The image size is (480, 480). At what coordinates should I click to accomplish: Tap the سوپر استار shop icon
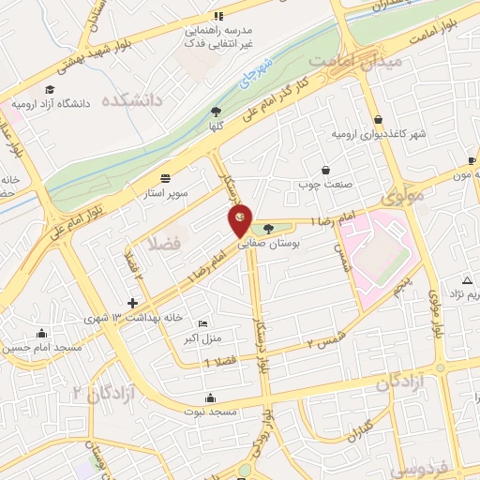click(x=166, y=177)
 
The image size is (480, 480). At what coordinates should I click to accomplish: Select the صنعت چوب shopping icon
click(x=324, y=170)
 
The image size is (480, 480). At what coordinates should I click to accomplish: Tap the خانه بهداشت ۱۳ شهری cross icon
click(x=133, y=303)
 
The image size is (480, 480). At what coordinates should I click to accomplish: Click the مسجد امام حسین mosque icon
click(x=41, y=333)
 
